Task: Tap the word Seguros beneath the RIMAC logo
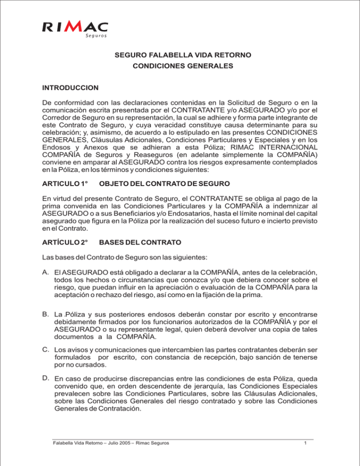[94, 37]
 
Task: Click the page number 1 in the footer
[306, 443]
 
